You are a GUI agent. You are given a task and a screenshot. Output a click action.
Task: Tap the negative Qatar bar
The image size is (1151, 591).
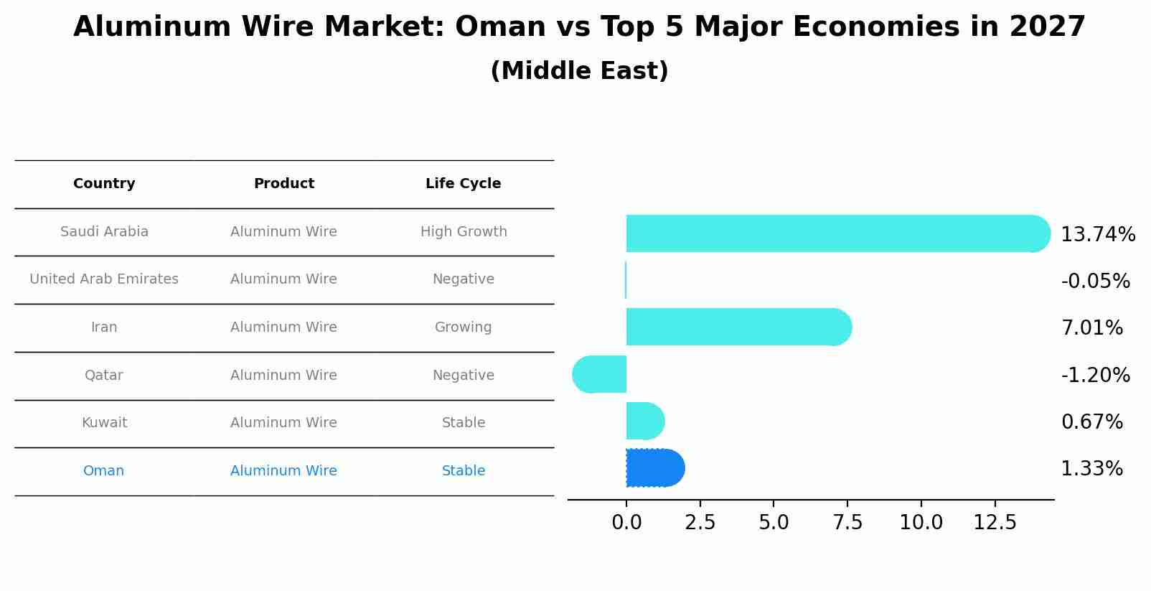[x=600, y=374]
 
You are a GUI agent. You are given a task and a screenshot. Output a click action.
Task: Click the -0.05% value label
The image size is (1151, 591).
[x=1095, y=281]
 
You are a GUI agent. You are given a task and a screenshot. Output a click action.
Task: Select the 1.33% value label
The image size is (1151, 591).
[x=1091, y=469]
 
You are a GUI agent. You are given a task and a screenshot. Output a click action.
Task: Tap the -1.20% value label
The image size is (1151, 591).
[x=1095, y=375]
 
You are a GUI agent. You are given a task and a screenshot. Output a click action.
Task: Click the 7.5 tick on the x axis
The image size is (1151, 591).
[x=847, y=523]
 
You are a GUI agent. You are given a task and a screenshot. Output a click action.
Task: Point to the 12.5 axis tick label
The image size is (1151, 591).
[x=995, y=523]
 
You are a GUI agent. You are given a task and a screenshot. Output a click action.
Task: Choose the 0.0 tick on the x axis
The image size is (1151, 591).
[x=626, y=523]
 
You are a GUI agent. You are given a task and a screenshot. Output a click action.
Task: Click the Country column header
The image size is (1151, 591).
[x=104, y=184]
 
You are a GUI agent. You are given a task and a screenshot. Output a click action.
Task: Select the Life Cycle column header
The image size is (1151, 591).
[x=463, y=184]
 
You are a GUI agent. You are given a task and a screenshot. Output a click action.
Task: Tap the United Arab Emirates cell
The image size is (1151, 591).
[x=104, y=279]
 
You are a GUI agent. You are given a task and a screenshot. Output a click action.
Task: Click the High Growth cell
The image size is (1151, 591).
[x=464, y=232]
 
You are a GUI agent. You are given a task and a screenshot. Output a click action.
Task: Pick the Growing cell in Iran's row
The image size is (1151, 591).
[x=463, y=327]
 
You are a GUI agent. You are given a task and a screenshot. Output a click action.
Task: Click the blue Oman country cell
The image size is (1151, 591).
[x=103, y=471]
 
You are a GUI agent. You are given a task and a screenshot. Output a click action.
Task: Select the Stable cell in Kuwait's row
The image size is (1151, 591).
[x=463, y=423]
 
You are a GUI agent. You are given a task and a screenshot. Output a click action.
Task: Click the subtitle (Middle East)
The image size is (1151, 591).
[x=579, y=71]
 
